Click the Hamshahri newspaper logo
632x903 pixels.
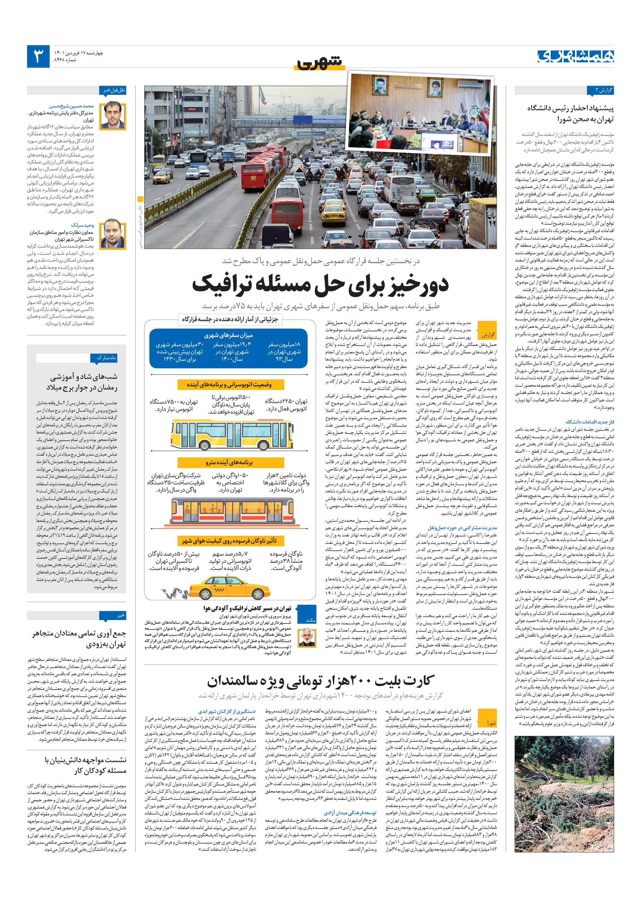coord(575,56)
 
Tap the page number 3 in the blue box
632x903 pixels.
coord(38,56)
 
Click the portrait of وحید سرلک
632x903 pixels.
coord(113,235)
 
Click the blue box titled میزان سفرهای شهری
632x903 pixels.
coord(228,348)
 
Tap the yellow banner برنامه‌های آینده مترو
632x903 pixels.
coord(229,462)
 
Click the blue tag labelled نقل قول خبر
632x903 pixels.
coord(113,90)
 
